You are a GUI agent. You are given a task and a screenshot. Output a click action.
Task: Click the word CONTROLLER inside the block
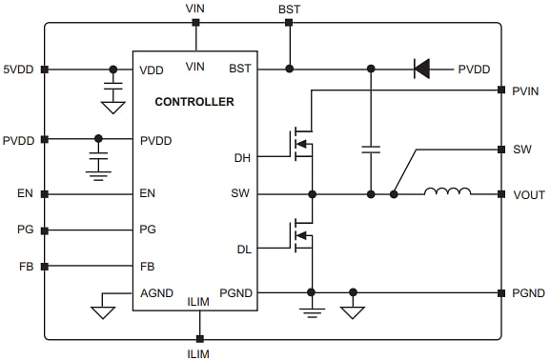tap(194, 101)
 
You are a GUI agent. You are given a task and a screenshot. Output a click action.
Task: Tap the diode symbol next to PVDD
tap(420, 69)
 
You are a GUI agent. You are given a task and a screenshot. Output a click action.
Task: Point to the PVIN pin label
tap(527, 91)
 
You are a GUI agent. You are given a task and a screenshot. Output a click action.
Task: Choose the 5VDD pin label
tap(19, 70)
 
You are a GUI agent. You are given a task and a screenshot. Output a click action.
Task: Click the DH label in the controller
tap(242, 157)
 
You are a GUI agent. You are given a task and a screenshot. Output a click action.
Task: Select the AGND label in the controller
tap(156, 292)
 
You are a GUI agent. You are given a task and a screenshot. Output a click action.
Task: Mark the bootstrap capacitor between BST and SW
tap(371, 150)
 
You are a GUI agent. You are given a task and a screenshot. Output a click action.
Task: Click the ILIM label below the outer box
tap(199, 352)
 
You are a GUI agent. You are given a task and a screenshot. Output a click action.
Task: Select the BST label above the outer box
tap(288, 8)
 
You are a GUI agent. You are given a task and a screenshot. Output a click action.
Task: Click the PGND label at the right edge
tap(528, 293)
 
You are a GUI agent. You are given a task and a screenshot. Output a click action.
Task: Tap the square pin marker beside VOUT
tap(500, 194)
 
